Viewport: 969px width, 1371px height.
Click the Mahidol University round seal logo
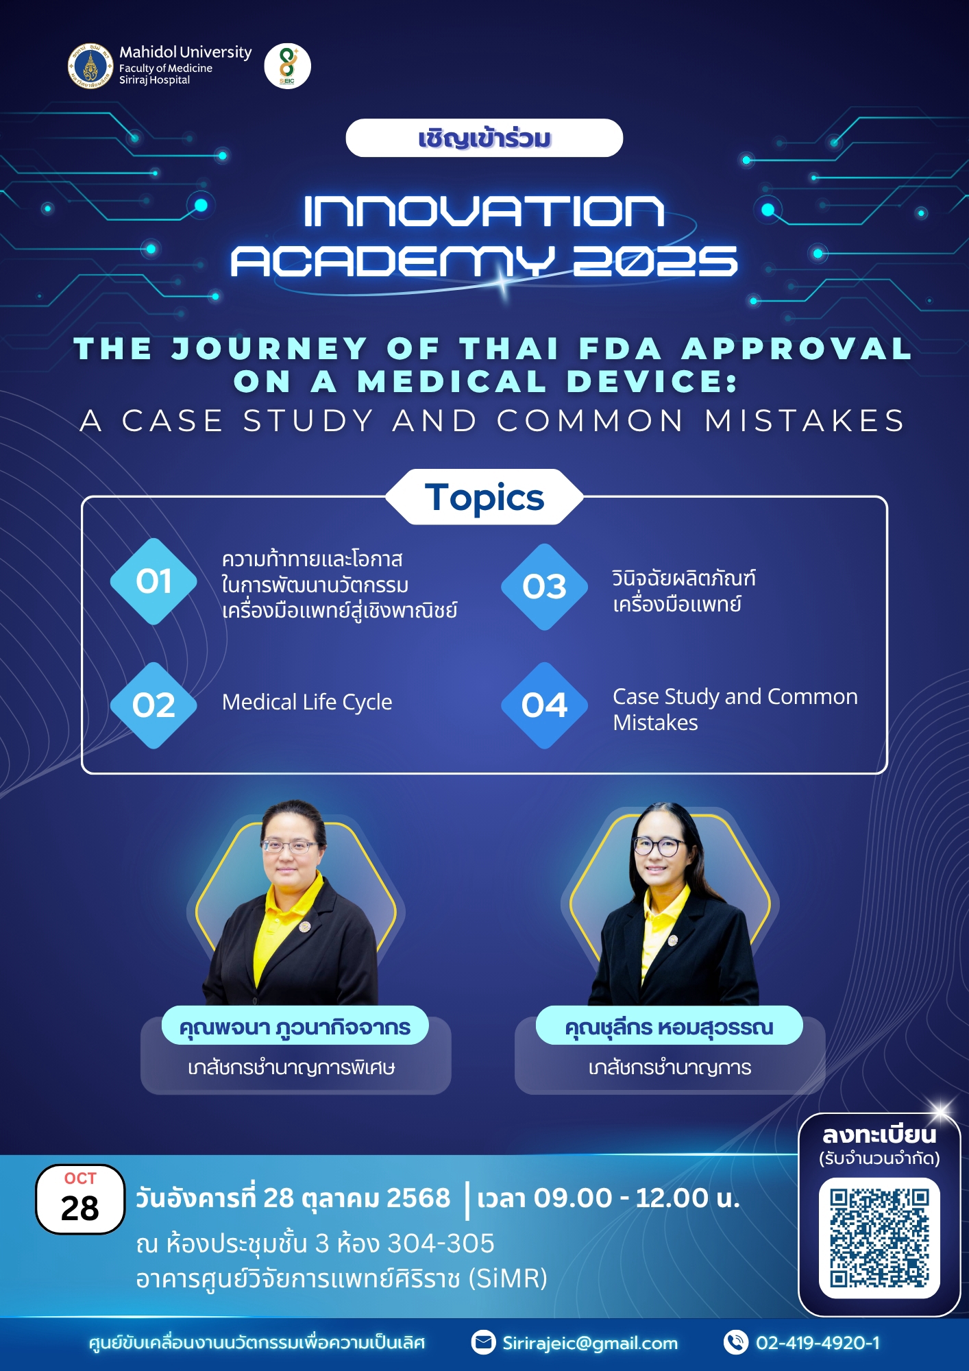pos(90,66)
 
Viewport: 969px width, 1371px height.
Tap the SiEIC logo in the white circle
pos(288,66)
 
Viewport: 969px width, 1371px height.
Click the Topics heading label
pos(484,497)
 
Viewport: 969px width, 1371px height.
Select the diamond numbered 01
pos(154,581)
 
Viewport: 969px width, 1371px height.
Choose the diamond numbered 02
pos(154,705)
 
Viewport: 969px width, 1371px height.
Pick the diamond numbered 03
pos(545,587)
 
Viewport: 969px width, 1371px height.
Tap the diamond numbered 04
pos(545,705)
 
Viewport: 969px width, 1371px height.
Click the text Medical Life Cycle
pos(307,703)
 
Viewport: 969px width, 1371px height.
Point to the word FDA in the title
pos(621,348)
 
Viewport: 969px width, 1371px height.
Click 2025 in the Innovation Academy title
pos(655,261)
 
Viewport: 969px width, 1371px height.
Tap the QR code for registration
pos(879,1238)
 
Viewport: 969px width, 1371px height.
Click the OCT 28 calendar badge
pos(80,1200)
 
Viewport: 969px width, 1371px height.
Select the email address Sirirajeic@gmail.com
pos(590,1343)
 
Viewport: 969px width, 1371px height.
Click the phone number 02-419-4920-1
pos(818,1342)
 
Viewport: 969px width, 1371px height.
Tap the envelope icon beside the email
pos(483,1342)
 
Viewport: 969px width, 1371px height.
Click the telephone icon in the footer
pos(736,1342)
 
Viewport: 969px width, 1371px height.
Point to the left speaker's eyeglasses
pos(291,846)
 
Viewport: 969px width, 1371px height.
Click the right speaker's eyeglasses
pos(659,846)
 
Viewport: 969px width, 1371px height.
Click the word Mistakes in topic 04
pos(655,723)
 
